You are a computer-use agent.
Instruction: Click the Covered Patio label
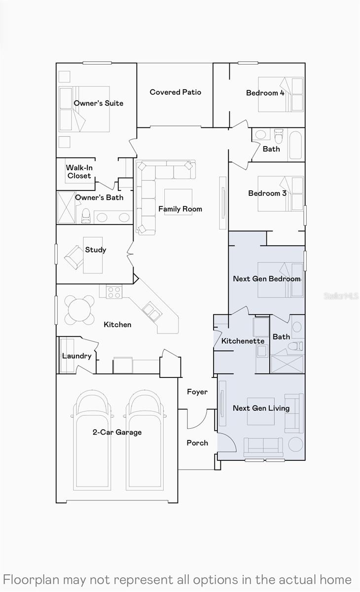pos(176,92)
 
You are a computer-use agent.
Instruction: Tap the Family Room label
pos(180,209)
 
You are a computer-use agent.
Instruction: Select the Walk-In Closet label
pos(79,172)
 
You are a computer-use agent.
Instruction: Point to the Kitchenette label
pos(243,341)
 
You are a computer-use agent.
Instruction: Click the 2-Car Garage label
pos(117,432)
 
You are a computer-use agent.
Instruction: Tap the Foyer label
pos(197,392)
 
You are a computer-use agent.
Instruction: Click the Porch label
pos(197,443)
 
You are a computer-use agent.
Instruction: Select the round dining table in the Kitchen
pos(79,310)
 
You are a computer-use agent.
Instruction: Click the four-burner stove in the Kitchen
pos(114,292)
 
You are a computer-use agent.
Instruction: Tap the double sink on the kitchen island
pos(152,312)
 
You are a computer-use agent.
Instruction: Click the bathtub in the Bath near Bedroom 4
pos(295,145)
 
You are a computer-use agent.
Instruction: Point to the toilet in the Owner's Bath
pos(86,216)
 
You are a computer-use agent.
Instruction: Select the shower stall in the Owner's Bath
pos(66,208)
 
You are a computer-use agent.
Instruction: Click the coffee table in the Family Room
pos(179,202)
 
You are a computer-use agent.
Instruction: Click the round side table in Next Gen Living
pos(295,444)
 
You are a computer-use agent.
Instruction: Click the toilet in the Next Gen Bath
pos(295,346)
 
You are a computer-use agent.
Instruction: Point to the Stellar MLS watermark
pos(341,296)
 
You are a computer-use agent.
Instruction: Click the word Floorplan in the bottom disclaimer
pos(31,580)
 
